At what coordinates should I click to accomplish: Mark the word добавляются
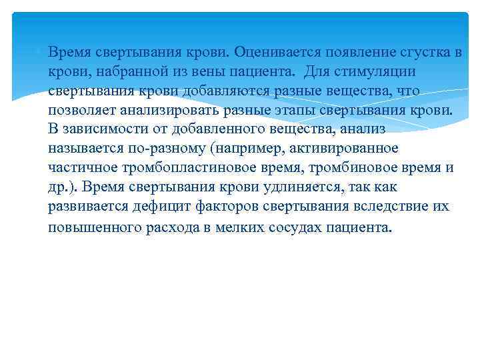pos(231,89)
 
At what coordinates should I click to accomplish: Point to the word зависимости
pos(102,128)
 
